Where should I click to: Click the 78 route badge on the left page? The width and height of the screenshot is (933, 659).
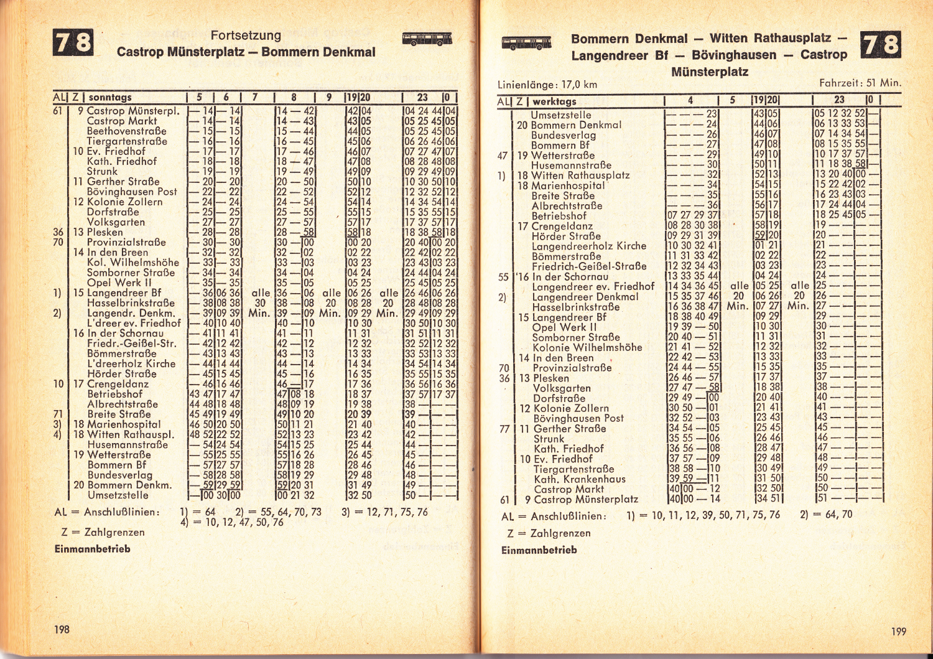pyautogui.click(x=73, y=42)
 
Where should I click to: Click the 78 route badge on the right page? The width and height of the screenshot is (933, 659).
pyautogui.click(x=880, y=45)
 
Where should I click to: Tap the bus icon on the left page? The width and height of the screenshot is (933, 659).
pyautogui.click(x=427, y=39)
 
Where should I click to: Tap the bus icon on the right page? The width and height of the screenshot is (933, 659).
pyautogui.click(x=526, y=43)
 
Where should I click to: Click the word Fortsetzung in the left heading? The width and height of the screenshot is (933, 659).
pyautogui.click(x=246, y=35)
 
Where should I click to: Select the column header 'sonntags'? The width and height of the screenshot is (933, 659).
pyautogui.click(x=110, y=97)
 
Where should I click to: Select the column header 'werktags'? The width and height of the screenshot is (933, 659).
pyautogui.click(x=554, y=101)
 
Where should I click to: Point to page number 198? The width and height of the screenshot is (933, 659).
pyautogui.click(x=62, y=629)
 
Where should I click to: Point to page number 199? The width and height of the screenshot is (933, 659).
pyautogui.click(x=898, y=631)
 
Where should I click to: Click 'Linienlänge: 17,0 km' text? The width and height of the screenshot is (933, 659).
pyautogui.click(x=547, y=85)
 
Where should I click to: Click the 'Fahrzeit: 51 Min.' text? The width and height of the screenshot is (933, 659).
pyautogui.click(x=860, y=82)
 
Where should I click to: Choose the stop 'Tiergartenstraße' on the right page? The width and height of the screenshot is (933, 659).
pyautogui.click(x=573, y=469)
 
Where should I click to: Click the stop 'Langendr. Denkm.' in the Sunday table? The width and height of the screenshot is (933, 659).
pyautogui.click(x=131, y=313)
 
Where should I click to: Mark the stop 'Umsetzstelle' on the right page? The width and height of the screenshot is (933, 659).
pyautogui.click(x=560, y=115)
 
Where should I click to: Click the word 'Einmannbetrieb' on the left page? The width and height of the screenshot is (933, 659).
pyautogui.click(x=92, y=549)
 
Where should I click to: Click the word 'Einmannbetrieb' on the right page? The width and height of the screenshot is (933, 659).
pyautogui.click(x=539, y=550)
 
